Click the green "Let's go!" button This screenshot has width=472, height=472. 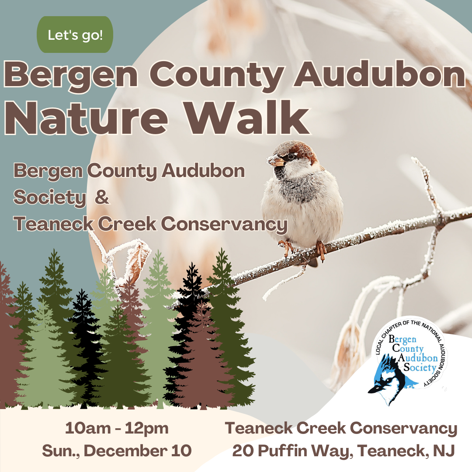pyautogui.click(x=75, y=35)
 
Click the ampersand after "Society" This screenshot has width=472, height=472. pyautogui.click(x=101, y=198)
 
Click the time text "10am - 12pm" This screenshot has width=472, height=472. pyautogui.click(x=117, y=429)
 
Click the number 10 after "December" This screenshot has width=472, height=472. pyautogui.click(x=181, y=451)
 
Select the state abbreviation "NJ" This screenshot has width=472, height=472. pyautogui.click(x=445, y=451)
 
